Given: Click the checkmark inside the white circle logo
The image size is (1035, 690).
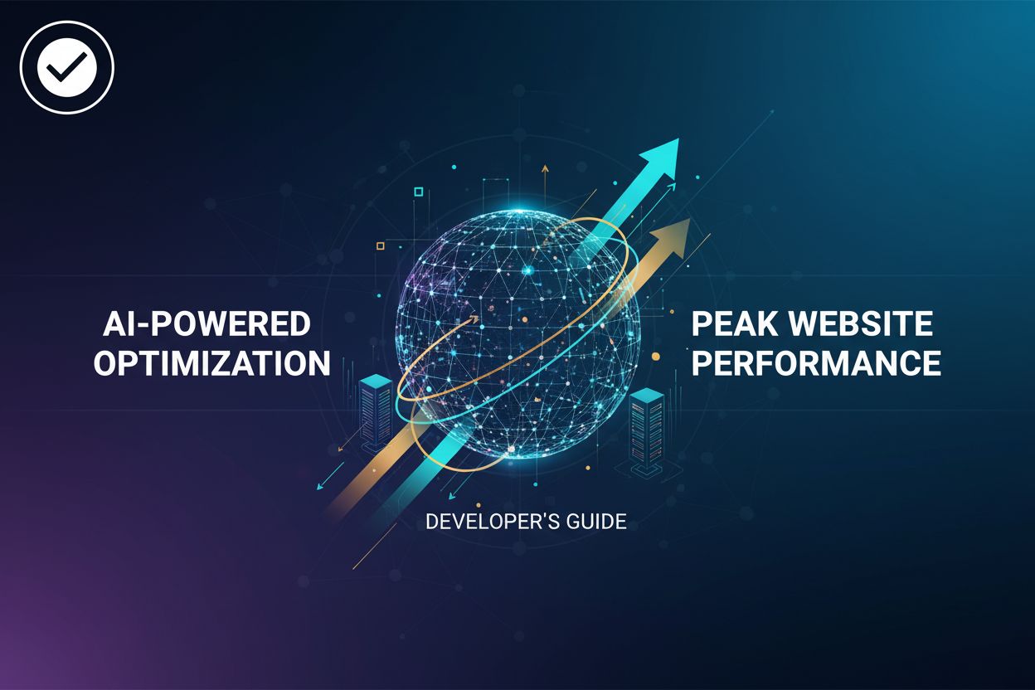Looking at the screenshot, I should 66,66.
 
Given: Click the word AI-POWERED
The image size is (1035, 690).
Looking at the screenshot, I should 206,324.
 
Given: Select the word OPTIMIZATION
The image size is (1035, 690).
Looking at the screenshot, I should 211,363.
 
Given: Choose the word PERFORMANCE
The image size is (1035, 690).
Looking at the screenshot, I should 816,363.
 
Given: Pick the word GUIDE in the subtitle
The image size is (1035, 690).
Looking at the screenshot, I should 594,522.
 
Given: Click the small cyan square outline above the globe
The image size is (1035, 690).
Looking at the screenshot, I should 418,192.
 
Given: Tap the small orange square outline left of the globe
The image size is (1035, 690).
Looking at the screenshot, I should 380,245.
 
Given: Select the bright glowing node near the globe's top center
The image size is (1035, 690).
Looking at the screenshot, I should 528,270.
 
